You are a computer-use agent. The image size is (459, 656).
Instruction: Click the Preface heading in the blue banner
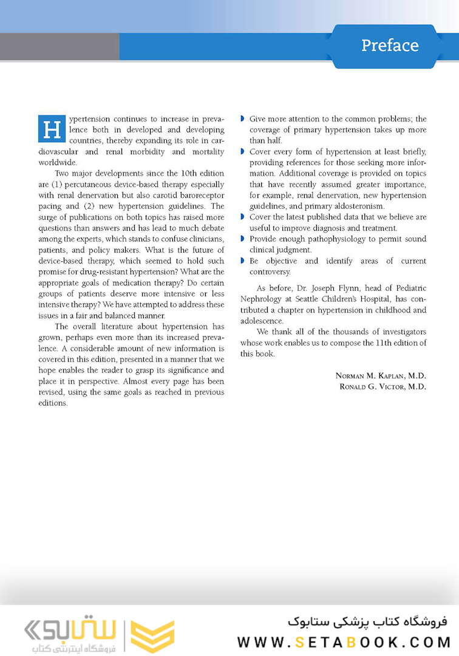click(390, 46)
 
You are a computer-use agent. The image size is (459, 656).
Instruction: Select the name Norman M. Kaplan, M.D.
click(381, 375)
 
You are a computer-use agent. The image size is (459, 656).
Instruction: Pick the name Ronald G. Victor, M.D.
click(381, 386)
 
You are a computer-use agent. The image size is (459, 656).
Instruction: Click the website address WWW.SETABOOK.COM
click(344, 641)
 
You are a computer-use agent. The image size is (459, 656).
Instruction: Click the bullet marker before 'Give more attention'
click(243, 118)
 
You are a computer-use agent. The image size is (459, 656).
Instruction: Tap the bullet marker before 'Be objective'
click(243, 261)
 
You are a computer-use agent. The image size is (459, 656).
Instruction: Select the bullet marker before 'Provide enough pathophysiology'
click(243, 239)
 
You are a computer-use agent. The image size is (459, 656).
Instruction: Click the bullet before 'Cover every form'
click(243, 151)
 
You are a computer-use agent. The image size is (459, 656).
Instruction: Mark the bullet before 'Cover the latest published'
click(243, 217)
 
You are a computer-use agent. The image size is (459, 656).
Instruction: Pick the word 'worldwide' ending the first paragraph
click(57, 162)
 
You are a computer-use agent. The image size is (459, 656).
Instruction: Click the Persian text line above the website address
click(365, 621)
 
